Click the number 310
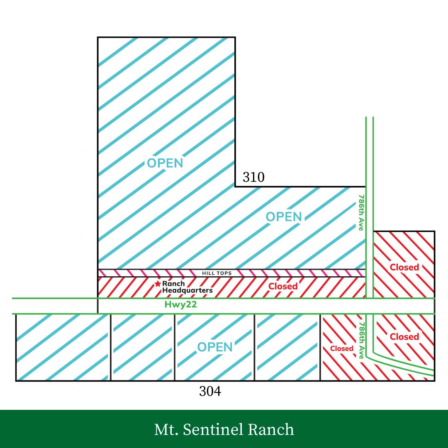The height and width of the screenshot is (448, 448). (x=253, y=178)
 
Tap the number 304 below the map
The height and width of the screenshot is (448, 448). (x=210, y=391)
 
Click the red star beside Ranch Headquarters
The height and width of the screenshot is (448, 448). (x=158, y=284)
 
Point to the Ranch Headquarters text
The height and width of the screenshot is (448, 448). (x=187, y=287)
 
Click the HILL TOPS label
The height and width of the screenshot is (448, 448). (x=217, y=273)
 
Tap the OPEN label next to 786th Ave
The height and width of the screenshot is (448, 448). (x=284, y=217)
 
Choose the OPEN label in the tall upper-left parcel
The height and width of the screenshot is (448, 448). (x=165, y=163)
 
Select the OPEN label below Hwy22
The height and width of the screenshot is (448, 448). (x=215, y=347)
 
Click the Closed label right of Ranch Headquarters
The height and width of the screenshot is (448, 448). (x=283, y=286)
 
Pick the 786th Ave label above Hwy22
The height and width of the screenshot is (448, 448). (x=361, y=212)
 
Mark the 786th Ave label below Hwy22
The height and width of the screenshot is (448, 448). (x=361, y=340)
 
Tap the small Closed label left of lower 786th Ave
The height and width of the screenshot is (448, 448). (x=342, y=348)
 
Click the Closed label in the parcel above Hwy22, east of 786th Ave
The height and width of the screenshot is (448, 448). (x=404, y=267)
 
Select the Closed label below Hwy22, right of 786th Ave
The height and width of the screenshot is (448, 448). (x=404, y=336)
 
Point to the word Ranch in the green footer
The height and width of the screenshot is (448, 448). (x=271, y=429)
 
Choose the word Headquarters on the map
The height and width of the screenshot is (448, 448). (x=187, y=290)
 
